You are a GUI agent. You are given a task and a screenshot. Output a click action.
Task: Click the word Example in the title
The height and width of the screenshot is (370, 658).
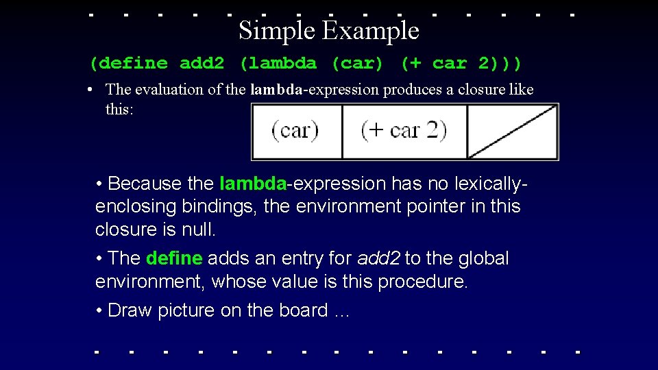[x=370, y=31]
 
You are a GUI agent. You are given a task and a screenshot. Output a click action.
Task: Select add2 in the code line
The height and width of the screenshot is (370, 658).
[x=202, y=64]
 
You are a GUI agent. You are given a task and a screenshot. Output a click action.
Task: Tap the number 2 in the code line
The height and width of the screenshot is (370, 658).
[x=484, y=64]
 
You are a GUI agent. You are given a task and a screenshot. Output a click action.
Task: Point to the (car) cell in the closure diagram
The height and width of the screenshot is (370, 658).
[x=295, y=131]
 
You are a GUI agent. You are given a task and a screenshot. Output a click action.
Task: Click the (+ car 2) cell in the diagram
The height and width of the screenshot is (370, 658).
[x=404, y=131]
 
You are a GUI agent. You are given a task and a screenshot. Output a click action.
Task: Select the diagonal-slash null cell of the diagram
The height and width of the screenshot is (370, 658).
[x=512, y=131]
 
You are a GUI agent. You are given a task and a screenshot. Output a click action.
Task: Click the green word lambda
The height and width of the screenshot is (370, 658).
[x=252, y=184]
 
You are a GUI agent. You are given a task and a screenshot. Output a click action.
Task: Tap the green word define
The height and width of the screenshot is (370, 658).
[x=174, y=258]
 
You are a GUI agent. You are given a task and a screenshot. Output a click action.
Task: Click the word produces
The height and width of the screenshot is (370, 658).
[x=415, y=90]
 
